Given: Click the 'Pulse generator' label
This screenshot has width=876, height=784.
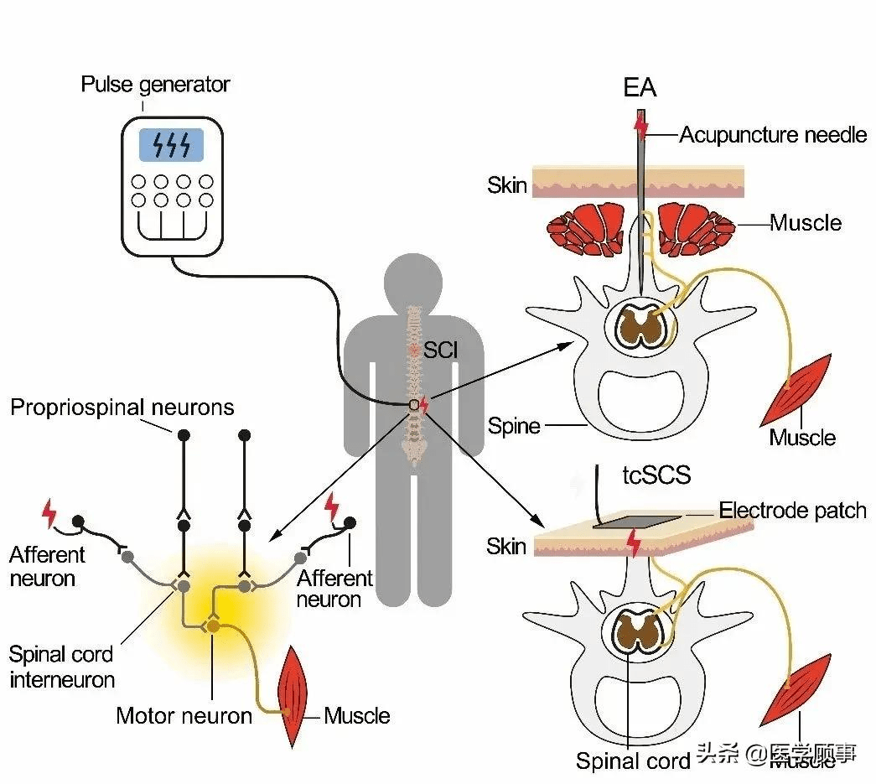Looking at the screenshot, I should (155, 85).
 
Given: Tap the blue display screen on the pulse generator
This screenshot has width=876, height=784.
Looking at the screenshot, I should (171, 145).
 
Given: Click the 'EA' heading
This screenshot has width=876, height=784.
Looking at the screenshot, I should (640, 88).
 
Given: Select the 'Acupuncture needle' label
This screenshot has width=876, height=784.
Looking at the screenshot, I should (773, 134).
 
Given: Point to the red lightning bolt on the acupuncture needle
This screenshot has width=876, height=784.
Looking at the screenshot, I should (641, 127).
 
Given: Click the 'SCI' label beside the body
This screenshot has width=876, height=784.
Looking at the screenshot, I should (441, 349).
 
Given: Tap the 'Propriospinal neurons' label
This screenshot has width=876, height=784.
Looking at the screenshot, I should (122, 408).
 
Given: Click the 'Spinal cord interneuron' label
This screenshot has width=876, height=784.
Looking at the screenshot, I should (62, 667).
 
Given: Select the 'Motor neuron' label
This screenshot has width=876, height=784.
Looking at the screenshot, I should (184, 715).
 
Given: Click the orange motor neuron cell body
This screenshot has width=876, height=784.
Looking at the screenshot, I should (213, 626).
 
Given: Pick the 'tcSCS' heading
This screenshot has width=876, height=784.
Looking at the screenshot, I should (656, 475).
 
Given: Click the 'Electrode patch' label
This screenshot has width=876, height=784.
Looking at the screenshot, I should (792, 510).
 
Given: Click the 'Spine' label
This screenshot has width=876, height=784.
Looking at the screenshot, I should (514, 426).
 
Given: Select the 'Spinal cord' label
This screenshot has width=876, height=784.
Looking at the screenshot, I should (632, 761).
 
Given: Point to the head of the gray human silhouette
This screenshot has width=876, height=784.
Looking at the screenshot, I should (412, 281).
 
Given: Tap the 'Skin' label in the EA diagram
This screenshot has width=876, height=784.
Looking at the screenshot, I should (507, 184).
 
